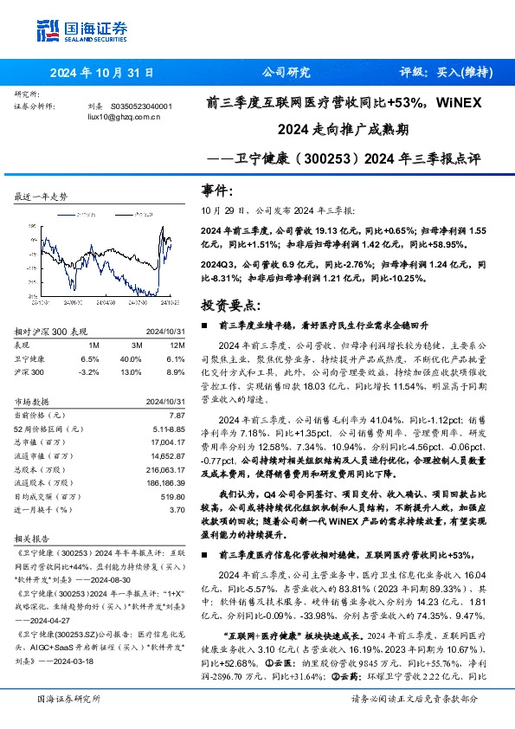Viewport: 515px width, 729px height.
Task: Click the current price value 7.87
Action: click(177, 416)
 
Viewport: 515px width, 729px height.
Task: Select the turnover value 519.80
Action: click(172, 497)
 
